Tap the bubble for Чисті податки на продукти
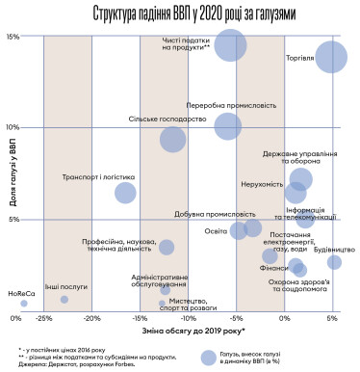(x=230, y=45)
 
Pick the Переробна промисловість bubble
(x=228, y=126)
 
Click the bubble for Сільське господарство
(x=172, y=139)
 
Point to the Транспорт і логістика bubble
(x=125, y=193)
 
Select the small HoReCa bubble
(x=24, y=304)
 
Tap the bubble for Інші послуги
(x=64, y=300)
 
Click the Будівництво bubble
(x=334, y=262)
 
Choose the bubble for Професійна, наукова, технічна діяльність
(x=167, y=248)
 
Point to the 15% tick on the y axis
(x=13, y=37)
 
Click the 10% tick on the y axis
(x=13, y=127)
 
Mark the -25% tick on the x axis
(x=44, y=317)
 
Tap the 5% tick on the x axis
(x=332, y=317)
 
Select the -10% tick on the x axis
(x=189, y=317)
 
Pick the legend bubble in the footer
(x=206, y=356)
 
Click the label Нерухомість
(x=259, y=184)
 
